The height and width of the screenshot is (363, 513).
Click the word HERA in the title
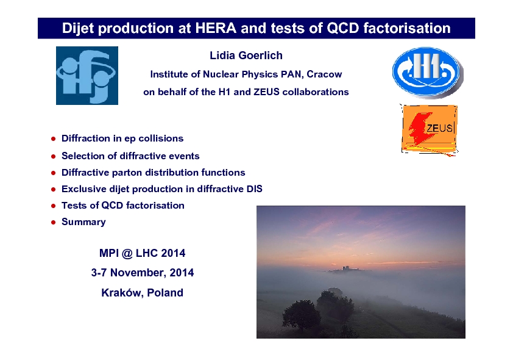pyautogui.click(x=216, y=28)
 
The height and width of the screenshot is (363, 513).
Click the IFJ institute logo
pyautogui.click(x=87, y=76)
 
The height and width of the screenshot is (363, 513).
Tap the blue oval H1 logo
pyautogui.click(x=428, y=73)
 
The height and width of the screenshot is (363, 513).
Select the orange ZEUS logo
pyautogui.click(x=429, y=130)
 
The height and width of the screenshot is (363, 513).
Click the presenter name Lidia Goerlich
pyautogui.click(x=246, y=56)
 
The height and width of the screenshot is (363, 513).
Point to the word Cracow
pyautogui.click(x=324, y=74)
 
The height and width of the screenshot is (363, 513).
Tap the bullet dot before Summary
pyautogui.click(x=54, y=223)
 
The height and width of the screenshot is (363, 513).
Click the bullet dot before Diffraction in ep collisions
pyautogui.click(x=54, y=139)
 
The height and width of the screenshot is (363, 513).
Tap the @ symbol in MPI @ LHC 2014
pyautogui.click(x=127, y=254)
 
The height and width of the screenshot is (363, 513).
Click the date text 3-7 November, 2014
pyautogui.click(x=143, y=273)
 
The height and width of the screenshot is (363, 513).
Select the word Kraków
pyautogui.click(x=122, y=293)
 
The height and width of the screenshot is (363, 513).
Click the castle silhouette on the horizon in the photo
pyautogui.click(x=346, y=268)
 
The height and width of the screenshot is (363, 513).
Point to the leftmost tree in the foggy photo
pyautogui.click(x=301, y=315)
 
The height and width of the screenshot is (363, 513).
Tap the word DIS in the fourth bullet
pyautogui.click(x=255, y=189)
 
